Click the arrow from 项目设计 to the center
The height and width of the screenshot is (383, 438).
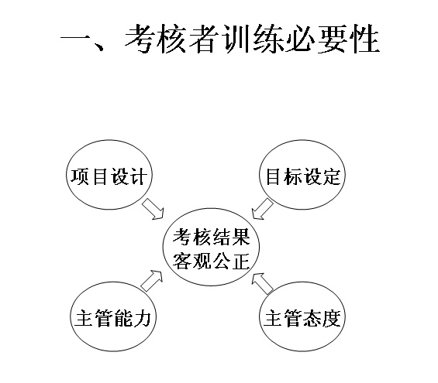point(153,209)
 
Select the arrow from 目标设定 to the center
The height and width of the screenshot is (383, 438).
point(262,209)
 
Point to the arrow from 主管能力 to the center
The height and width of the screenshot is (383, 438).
point(152,281)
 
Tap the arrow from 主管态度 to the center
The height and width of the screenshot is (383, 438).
point(262,283)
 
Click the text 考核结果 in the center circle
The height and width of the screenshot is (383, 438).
point(212,238)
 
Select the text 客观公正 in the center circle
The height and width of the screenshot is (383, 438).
point(212,262)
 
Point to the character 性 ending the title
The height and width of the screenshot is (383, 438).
point(364,38)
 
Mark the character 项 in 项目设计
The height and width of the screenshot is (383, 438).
point(80,176)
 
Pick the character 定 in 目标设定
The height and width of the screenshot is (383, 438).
point(332,176)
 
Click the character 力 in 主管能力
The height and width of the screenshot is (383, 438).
point(142,318)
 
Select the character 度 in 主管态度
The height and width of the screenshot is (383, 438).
point(332,318)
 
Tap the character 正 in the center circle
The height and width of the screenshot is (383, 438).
point(241,262)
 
